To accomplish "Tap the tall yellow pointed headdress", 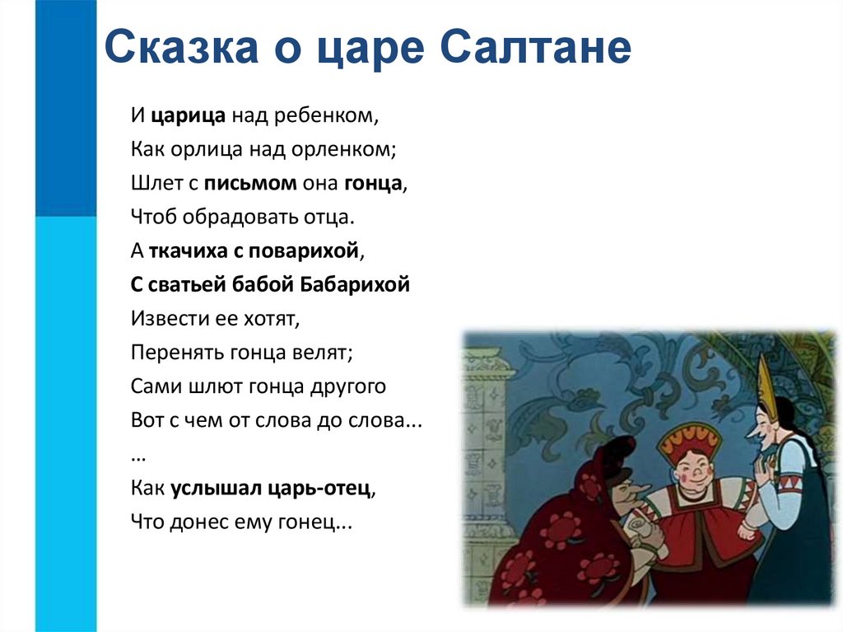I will coord(767,386).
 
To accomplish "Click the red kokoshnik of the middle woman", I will coord(687,442).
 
